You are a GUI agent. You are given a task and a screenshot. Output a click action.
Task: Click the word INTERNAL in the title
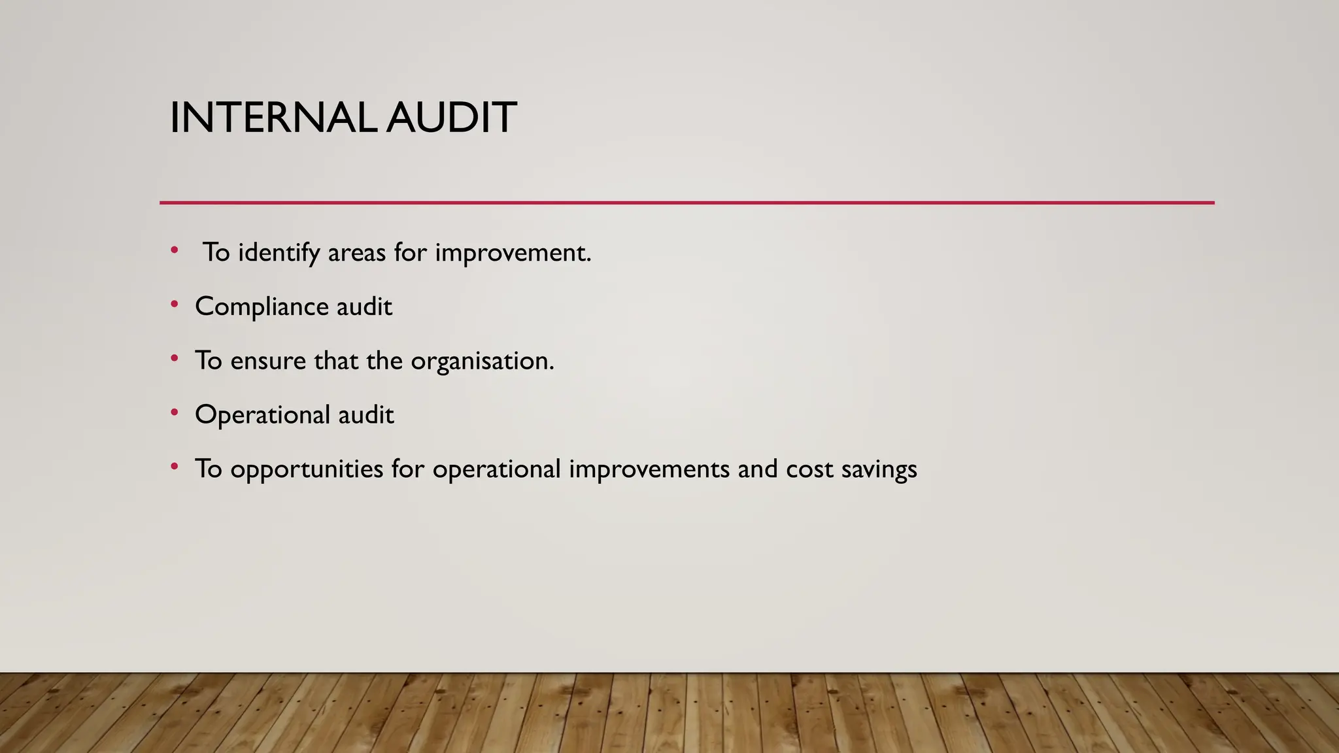(273, 118)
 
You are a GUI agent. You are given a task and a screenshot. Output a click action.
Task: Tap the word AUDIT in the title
(451, 118)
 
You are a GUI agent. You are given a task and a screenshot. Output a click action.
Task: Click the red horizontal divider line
(686, 203)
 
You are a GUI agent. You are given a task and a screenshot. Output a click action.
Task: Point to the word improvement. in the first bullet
(513, 253)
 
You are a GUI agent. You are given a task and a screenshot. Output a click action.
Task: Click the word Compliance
(262, 307)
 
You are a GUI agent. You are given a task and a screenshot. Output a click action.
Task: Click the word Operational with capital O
(262, 415)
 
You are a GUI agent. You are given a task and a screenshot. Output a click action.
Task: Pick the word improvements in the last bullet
(649, 469)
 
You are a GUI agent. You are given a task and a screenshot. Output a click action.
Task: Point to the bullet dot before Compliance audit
(174, 304)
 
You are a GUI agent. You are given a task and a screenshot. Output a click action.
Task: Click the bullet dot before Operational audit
(174, 412)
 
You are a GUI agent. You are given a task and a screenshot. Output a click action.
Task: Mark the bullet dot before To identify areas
(174, 250)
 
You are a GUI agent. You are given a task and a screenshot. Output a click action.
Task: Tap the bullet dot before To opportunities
(174, 466)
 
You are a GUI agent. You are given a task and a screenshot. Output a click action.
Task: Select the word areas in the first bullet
(356, 253)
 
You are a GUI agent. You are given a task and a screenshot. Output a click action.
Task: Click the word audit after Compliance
(364, 307)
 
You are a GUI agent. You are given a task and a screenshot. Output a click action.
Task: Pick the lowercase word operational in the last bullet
(496, 469)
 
